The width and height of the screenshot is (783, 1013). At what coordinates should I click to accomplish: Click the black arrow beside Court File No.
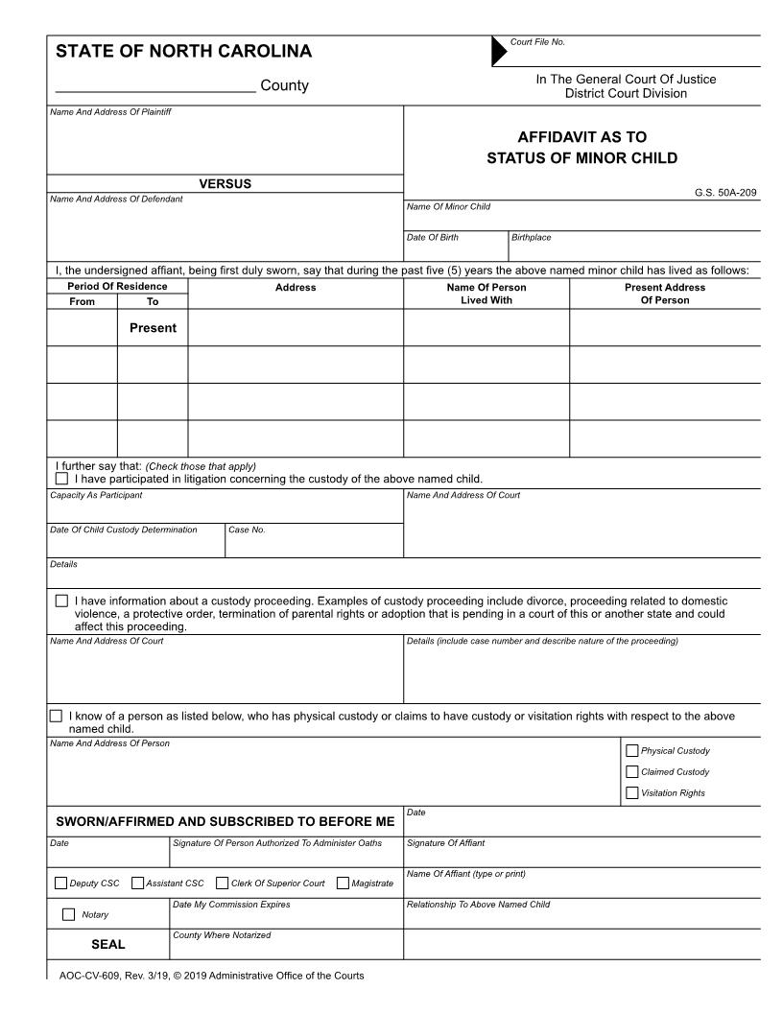[499, 52]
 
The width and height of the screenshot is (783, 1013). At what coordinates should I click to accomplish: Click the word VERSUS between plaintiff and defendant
[225, 184]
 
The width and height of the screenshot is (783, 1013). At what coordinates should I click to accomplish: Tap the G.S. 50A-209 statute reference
[725, 193]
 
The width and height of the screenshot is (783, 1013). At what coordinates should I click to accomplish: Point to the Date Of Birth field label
[425, 238]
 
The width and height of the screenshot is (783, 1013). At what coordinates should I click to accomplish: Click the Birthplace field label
[532, 238]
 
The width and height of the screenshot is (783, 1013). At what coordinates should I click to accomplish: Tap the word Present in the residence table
[153, 328]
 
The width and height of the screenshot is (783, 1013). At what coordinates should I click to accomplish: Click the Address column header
[296, 287]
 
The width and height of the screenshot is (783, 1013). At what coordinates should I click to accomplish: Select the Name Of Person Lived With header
[486, 294]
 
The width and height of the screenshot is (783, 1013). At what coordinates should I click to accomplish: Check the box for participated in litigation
[62, 478]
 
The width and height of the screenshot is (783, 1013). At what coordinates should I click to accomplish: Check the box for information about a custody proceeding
[62, 601]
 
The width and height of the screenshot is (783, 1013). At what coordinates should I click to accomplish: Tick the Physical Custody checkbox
[631, 751]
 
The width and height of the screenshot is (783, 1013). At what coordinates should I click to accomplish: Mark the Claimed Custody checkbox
[631, 772]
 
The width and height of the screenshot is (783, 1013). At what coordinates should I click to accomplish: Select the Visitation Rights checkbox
[631, 793]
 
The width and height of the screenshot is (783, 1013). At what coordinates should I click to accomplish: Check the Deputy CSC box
[61, 883]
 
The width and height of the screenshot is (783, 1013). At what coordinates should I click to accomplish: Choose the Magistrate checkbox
[344, 883]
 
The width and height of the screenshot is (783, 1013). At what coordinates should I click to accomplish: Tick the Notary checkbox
[68, 914]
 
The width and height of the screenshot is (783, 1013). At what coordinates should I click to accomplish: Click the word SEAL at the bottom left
[108, 944]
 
